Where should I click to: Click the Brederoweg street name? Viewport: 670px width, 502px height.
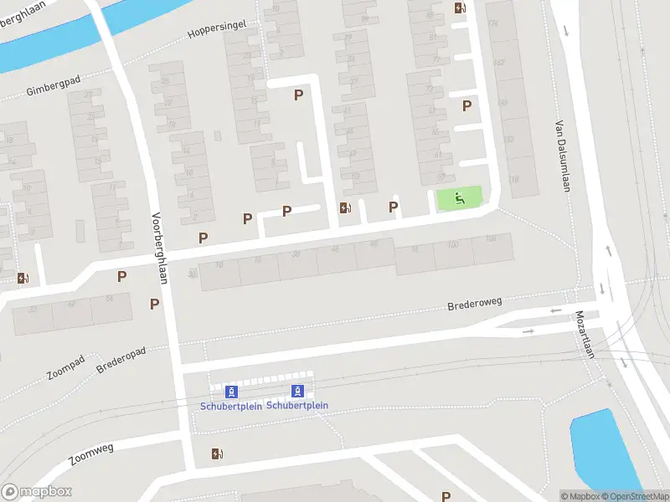pos(474,304)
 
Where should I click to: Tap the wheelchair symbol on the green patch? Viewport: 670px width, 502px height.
pos(459,199)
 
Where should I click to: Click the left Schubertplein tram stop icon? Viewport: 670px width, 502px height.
pos(232,391)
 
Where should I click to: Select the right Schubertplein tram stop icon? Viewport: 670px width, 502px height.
pos(297,391)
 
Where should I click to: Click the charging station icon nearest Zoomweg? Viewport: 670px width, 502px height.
pos(218,454)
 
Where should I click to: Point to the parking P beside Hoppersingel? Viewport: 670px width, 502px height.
pos(298,95)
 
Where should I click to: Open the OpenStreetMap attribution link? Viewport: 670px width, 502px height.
pos(633,496)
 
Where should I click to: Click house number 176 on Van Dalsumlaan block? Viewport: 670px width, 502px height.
pos(492,23)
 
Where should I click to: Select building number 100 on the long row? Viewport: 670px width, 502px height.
pos(453,244)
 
